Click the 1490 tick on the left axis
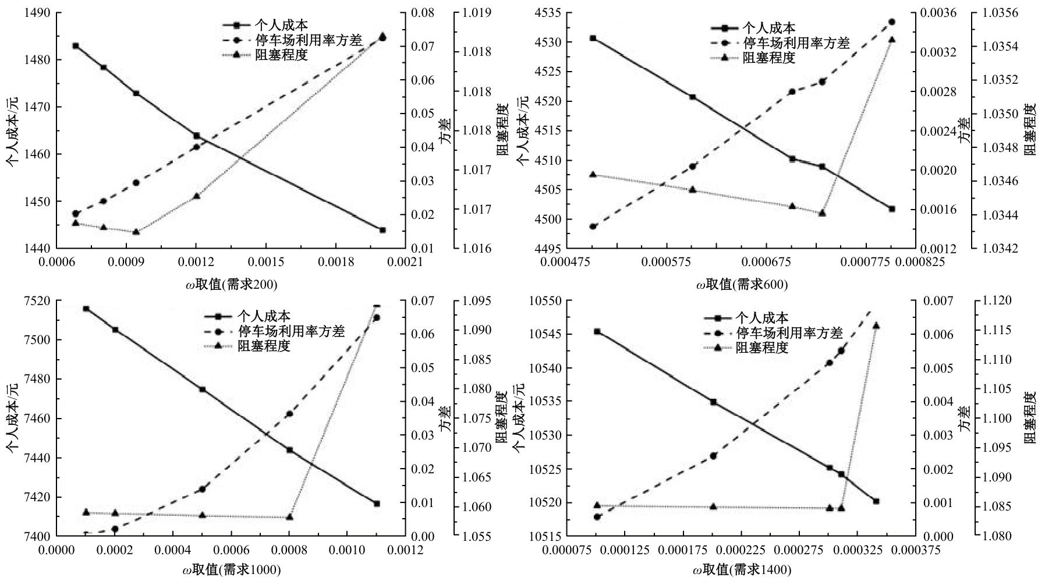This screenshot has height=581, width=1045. pos(38,13)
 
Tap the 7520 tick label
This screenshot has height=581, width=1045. pos(38,301)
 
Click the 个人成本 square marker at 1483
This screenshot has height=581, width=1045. pos(76,46)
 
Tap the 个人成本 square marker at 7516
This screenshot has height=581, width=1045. pos(86,309)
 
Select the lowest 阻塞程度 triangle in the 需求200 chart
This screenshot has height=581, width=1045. pos(136,232)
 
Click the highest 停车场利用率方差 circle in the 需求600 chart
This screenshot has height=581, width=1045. pos(892,22)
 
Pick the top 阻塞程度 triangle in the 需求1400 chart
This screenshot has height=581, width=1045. pos(876,325)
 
